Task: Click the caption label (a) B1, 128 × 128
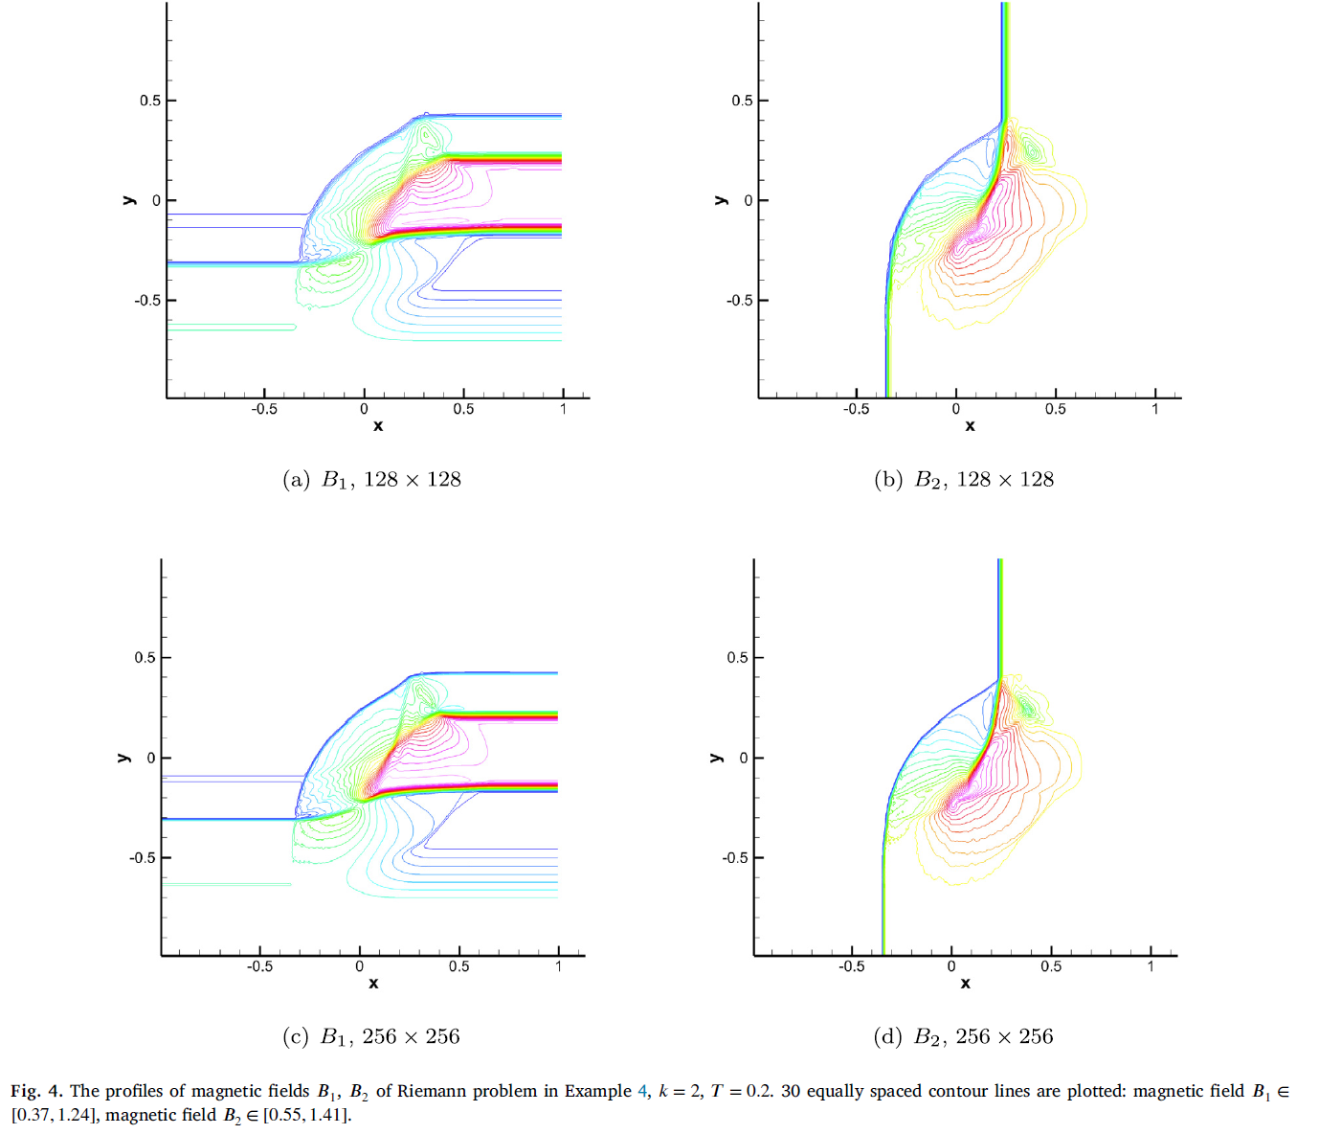click(x=371, y=480)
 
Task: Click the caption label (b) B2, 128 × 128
click(x=964, y=480)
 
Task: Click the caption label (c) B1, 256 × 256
click(x=371, y=1036)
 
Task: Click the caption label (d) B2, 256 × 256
click(x=963, y=1036)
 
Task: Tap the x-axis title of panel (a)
click(x=378, y=426)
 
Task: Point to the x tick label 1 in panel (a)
click(x=563, y=409)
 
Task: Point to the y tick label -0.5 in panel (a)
click(x=148, y=301)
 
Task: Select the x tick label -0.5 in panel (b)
click(x=856, y=409)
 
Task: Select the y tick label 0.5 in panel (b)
click(x=742, y=101)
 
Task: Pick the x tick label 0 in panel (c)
click(x=359, y=966)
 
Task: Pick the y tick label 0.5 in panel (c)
click(x=145, y=658)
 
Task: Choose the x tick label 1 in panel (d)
click(x=1151, y=966)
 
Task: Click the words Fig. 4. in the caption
click(x=36, y=1091)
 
